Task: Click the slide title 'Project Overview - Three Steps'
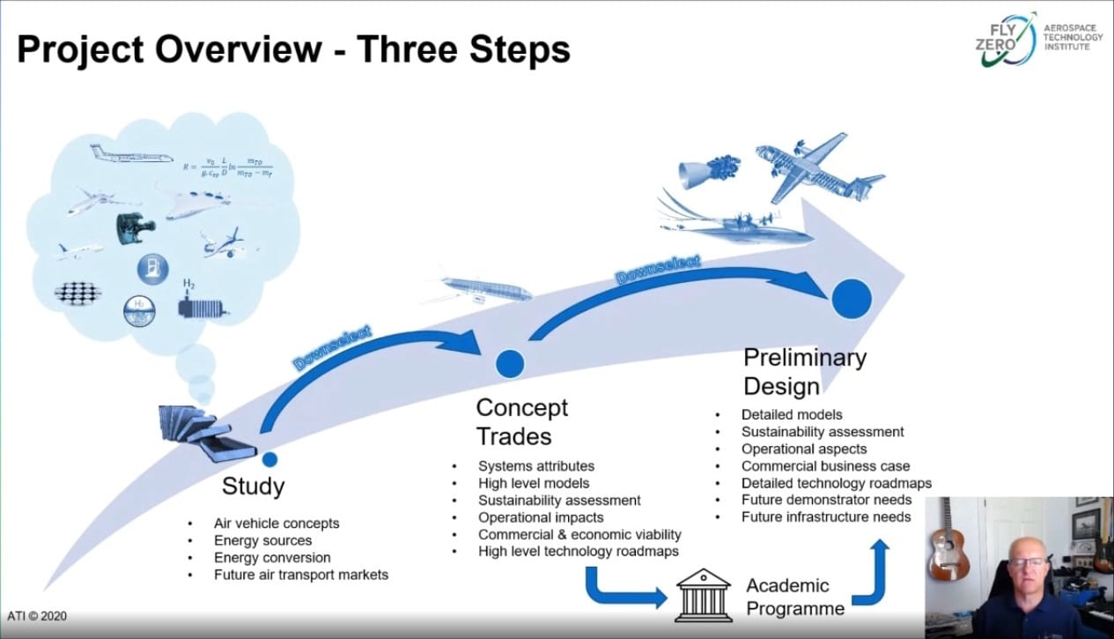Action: click(293, 49)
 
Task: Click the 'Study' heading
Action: click(253, 486)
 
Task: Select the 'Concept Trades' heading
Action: click(521, 421)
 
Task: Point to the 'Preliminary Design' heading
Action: click(804, 371)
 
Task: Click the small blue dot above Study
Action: click(269, 458)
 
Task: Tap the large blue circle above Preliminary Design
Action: click(852, 298)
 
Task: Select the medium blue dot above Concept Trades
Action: click(510, 362)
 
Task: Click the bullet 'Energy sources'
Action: click(262, 540)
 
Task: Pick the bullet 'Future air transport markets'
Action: click(300, 575)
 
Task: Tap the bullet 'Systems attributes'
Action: click(535, 465)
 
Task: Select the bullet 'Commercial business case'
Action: click(825, 465)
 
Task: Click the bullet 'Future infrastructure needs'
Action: click(825, 516)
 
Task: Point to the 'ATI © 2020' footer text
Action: click(37, 616)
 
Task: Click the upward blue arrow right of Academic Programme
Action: click(879, 573)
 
